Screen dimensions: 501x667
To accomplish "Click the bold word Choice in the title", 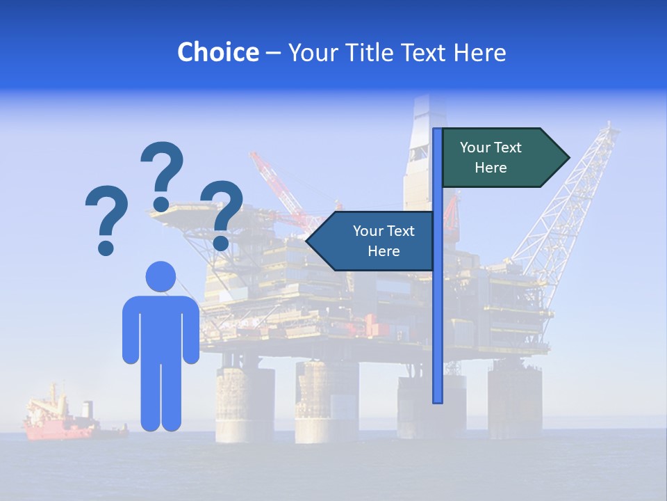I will click(217, 52).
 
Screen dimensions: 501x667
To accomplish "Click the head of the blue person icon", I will click(160, 276).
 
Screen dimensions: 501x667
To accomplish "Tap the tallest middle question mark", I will click(163, 174).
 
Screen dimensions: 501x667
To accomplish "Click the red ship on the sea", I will click(59, 422).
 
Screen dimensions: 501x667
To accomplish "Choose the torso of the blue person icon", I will click(160, 327).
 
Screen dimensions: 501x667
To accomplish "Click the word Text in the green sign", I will click(507, 148).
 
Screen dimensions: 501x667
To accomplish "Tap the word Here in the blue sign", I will click(384, 251).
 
